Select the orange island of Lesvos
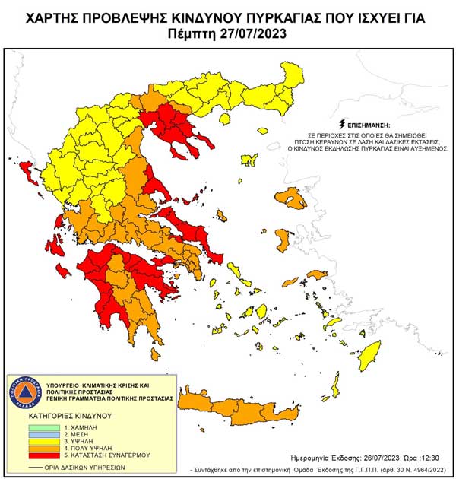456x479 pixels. click(x=292, y=198)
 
